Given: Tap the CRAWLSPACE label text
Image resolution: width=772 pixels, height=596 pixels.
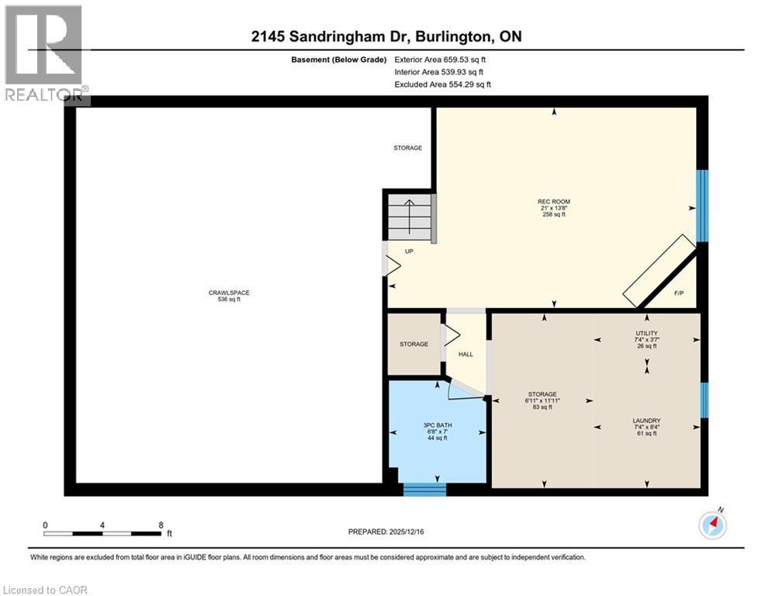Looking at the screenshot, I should [x=229, y=293].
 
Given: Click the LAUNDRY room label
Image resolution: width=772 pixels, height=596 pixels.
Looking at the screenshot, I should [x=646, y=421].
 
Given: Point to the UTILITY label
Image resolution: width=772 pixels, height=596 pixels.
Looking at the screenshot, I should [x=646, y=332].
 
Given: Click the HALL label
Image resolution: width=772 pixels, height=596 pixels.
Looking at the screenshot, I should [x=466, y=354].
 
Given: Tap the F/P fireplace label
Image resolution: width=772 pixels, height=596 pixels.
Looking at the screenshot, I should [x=678, y=293].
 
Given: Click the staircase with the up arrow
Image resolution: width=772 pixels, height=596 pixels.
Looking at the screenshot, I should [x=409, y=217].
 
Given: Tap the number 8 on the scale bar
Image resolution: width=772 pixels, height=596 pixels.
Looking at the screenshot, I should [x=161, y=525].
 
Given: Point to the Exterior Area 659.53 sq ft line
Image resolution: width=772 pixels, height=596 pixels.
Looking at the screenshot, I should [x=441, y=59].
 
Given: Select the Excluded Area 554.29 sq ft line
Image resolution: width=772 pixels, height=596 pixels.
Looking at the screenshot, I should [x=442, y=84].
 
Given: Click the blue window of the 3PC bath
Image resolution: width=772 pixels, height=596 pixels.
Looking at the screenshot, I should [x=424, y=489].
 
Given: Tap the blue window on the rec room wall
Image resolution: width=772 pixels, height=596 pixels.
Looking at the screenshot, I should [x=702, y=206].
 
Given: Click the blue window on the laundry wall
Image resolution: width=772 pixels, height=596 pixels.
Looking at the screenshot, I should [x=704, y=400].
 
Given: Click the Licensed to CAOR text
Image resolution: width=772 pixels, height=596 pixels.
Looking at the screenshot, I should [x=47, y=590].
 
